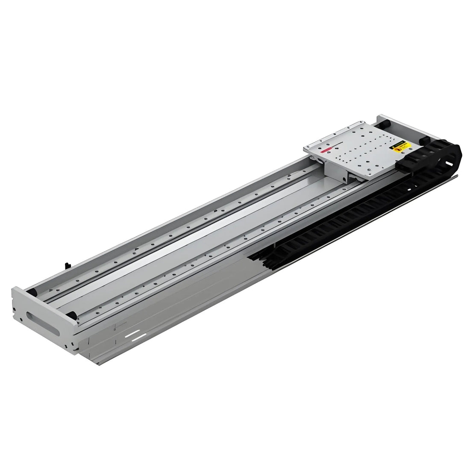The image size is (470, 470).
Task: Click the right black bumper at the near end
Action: click(73, 315)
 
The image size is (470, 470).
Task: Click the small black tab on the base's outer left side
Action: click(67, 265)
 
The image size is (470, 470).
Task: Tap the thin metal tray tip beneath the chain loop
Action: click(455, 176)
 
